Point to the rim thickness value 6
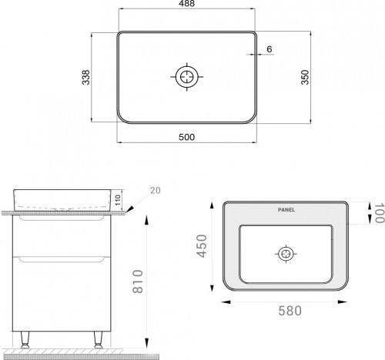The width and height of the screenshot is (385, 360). point(269,48)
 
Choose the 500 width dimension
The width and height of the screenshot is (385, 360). point(186,137)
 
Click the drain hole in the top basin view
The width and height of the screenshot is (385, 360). point(187,77)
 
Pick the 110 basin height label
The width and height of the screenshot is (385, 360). point(119,202)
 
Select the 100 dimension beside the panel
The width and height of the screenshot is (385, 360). point(377,214)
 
